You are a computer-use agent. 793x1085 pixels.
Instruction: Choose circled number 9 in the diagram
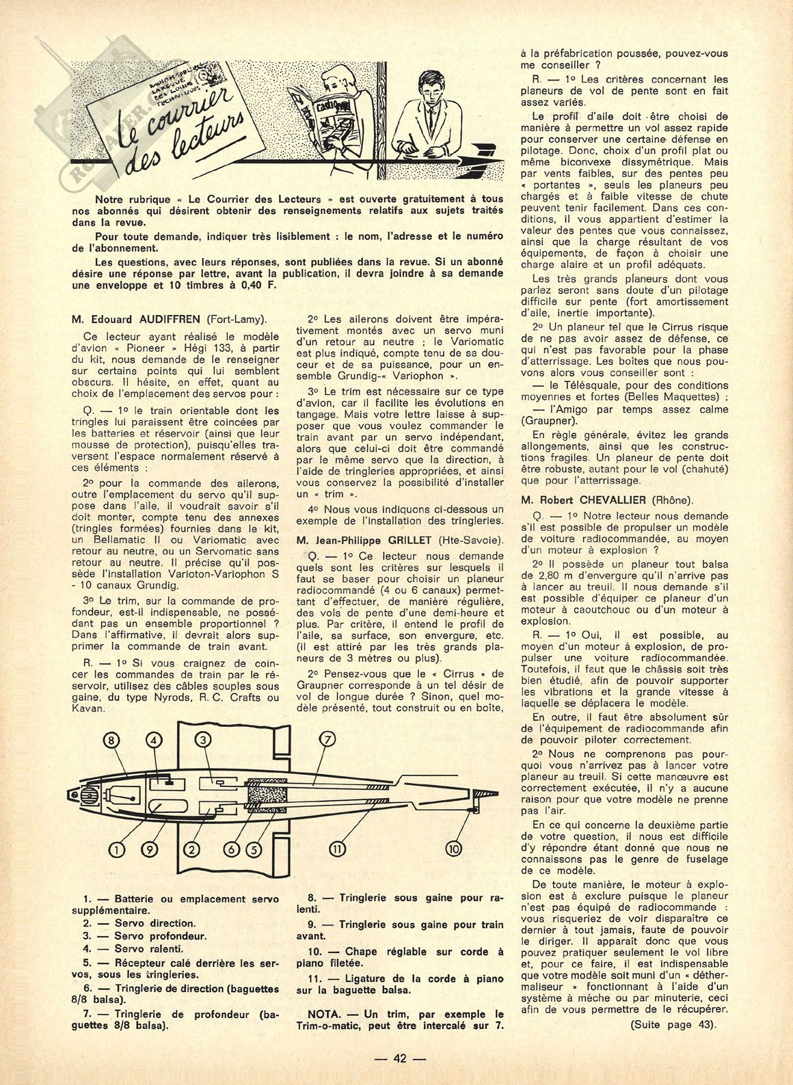tap(152, 849)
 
